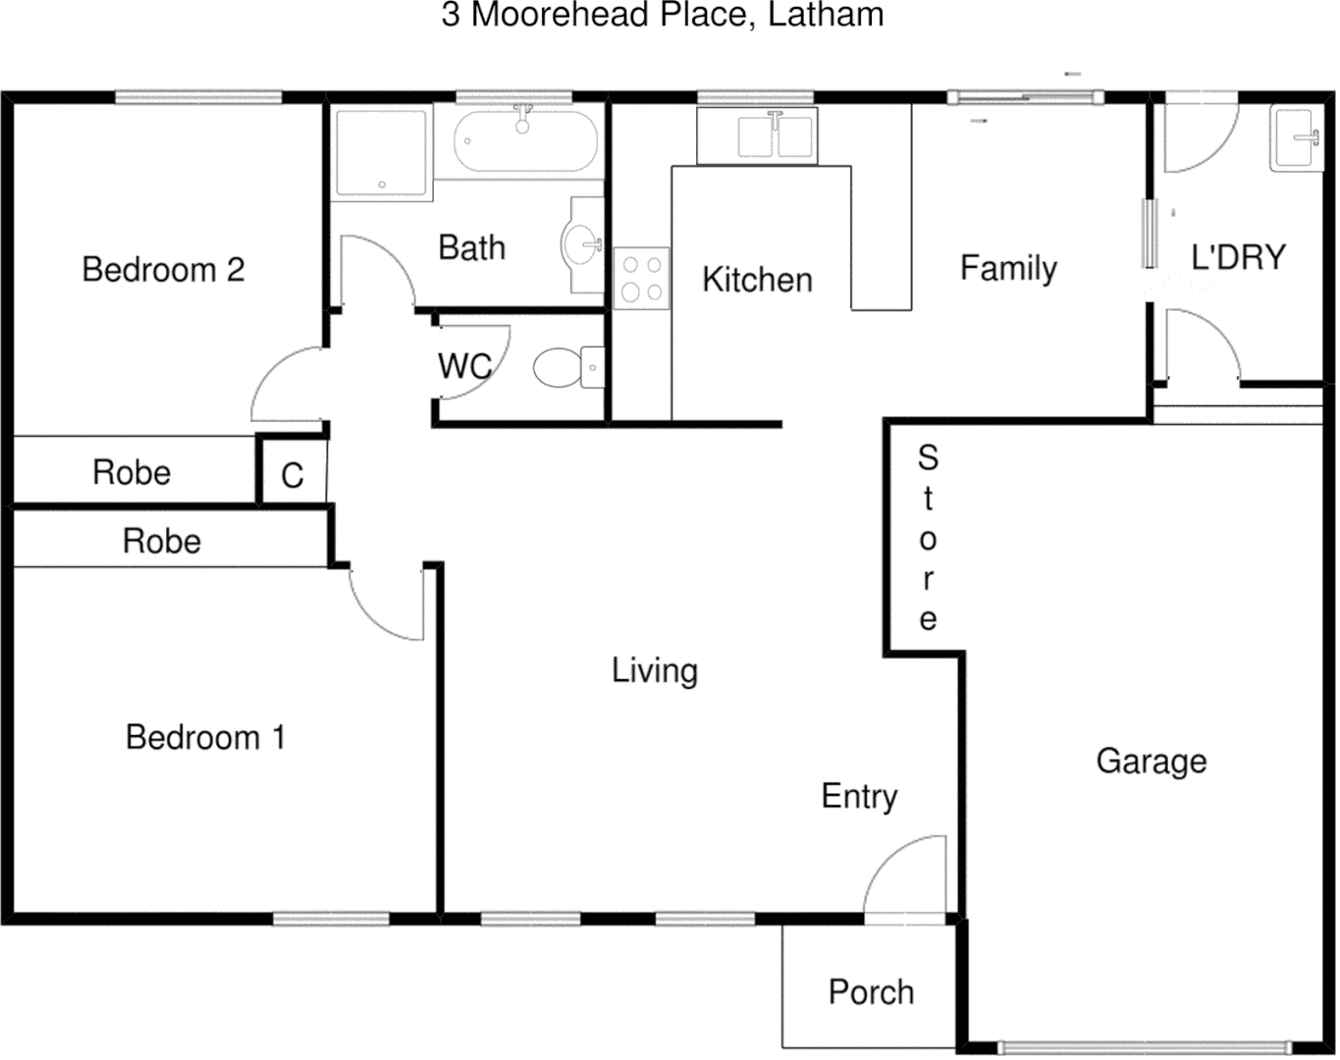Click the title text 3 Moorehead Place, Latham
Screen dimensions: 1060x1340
point(663,15)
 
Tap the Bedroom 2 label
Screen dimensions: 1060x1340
point(163,270)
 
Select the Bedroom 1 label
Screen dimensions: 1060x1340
point(205,737)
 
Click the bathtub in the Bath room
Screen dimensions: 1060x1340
point(525,142)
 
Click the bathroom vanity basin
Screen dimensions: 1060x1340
point(584,243)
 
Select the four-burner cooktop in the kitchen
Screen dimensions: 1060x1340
point(642,279)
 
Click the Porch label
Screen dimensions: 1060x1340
point(871,992)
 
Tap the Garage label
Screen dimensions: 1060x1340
point(1151,762)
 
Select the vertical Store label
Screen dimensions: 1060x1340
point(928,538)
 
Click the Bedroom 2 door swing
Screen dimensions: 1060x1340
point(288,385)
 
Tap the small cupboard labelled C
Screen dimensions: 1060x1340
point(293,476)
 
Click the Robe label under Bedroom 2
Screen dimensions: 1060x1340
point(132,473)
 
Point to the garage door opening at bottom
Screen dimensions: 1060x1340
point(1144,1047)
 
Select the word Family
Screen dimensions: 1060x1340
point(1008,268)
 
